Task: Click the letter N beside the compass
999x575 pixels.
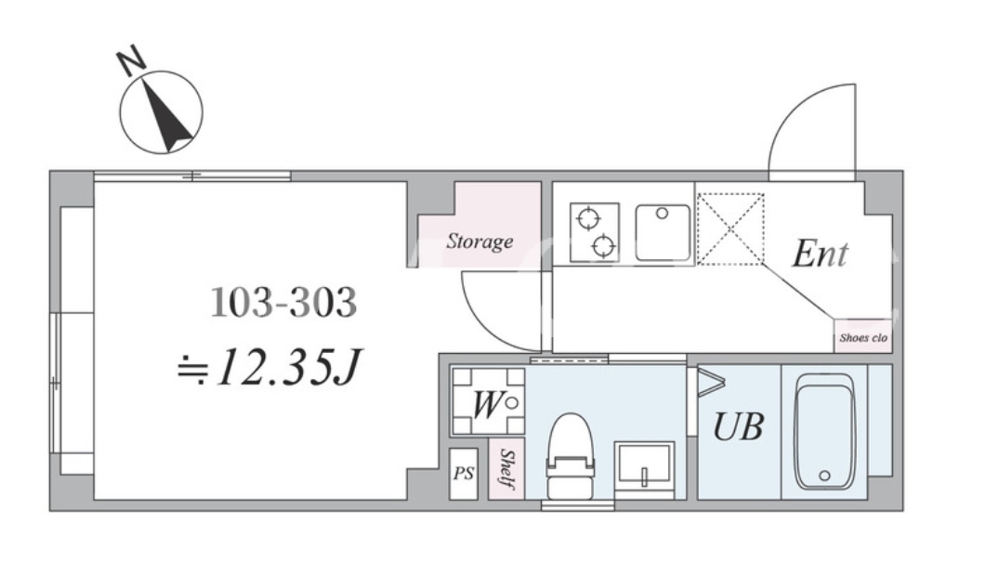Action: point(132,60)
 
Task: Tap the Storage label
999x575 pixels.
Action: point(480,242)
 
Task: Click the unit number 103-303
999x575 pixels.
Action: point(283,302)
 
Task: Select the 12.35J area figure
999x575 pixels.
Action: point(288,369)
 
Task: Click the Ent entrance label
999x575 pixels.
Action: point(820,254)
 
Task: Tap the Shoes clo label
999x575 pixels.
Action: point(863,337)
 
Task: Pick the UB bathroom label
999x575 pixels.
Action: point(739,426)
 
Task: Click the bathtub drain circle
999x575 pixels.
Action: point(824,476)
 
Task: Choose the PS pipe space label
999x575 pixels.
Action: point(464,474)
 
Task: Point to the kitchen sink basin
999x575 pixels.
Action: point(663,233)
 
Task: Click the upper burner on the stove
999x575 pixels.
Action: point(588,219)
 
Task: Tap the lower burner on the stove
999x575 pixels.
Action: point(604,245)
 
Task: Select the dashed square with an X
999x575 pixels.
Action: point(730,229)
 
